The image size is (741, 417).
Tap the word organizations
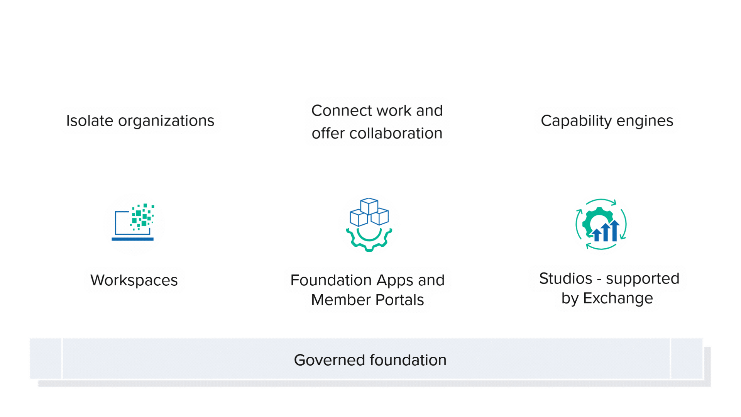pyautogui.click(x=166, y=121)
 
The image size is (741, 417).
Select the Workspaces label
pyautogui.click(x=134, y=280)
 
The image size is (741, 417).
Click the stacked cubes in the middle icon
pyautogui.click(x=369, y=212)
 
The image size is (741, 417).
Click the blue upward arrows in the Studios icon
pyautogui.click(x=606, y=232)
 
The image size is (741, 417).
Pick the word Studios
pyautogui.click(x=565, y=279)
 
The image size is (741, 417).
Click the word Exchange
pyautogui.click(x=618, y=298)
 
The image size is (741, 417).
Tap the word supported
pyautogui.click(x=643, y=279)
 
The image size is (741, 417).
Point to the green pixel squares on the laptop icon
pyautogui.click(x=142, y=216)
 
